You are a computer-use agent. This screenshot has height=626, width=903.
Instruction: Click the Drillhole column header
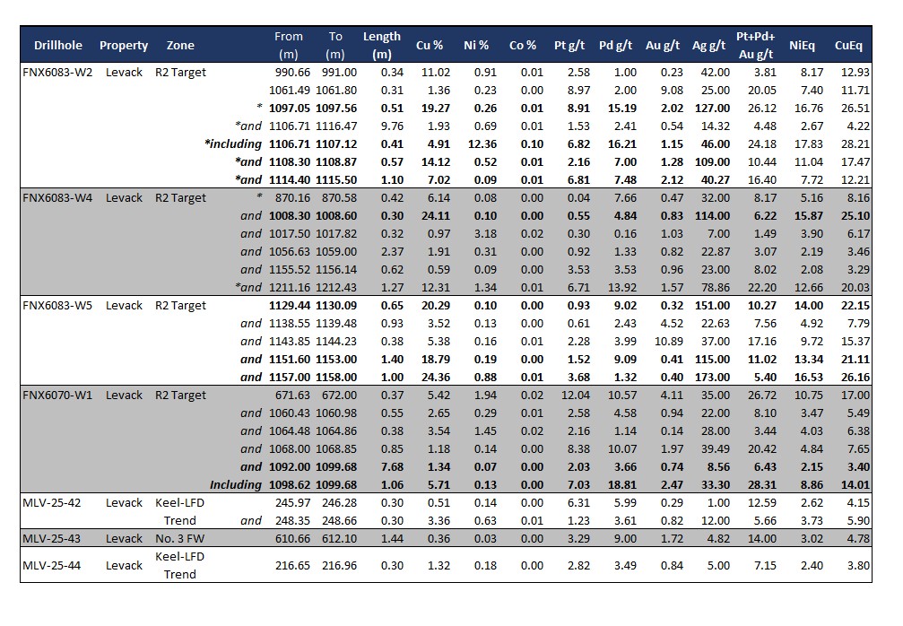point(58,45)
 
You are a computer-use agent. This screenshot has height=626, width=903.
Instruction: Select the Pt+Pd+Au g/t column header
point(755,45)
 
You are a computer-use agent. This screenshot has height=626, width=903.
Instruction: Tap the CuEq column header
point(848,45)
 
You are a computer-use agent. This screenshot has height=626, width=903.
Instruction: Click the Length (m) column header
point(382,45)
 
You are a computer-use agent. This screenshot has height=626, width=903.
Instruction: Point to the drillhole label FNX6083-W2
point(57,72)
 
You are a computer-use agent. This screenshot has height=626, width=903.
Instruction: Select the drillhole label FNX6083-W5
point(57,305)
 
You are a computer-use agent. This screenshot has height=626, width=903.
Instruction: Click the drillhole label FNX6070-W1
point(57,395)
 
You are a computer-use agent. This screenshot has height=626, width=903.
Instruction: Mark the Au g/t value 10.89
point(663,341)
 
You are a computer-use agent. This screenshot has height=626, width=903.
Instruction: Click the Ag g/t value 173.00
point(711,377)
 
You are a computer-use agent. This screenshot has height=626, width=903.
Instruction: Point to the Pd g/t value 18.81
point(618,484)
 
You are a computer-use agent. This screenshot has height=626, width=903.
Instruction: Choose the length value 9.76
point(388,126)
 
